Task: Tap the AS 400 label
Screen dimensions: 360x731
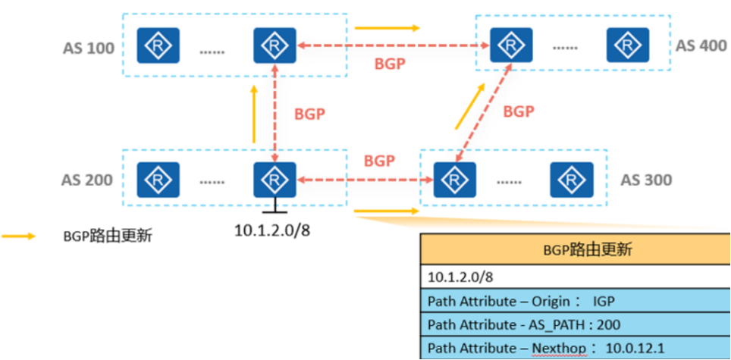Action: (701, 45)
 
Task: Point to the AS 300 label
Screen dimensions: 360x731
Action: (646, 180)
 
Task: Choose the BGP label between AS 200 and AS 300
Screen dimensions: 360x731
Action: (379, 161)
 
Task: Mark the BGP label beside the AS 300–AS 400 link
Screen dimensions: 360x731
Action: (519, 111)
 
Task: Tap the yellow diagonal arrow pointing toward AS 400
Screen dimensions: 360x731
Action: (469, 107)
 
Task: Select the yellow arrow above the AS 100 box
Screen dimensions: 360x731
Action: (387, 29)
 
